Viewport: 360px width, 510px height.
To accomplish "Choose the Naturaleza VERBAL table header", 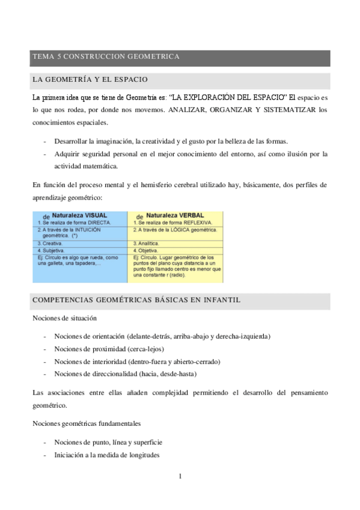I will pos(178,215).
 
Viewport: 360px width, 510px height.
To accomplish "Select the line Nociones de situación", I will pos(64,318).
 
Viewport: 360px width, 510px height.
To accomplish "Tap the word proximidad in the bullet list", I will pos(108,348).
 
